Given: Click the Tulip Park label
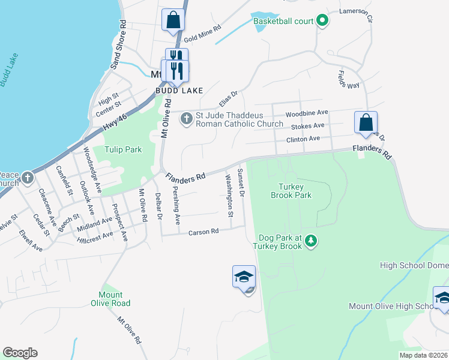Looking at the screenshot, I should pos(123,149).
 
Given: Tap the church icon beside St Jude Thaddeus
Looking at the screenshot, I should pos(186,118).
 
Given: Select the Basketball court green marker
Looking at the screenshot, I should pos(322,21).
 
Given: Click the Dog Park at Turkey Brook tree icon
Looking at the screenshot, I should pos(311,241).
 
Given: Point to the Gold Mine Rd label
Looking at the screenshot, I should pos(203,35).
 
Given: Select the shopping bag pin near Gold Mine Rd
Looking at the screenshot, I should pos(173,20).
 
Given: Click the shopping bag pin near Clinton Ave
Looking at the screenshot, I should pos(366,123).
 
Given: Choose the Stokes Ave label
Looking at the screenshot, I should pos(307,126).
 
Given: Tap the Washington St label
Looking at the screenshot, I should pos(229,195).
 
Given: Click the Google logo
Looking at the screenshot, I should pos(20,352).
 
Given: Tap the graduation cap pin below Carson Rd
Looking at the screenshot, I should pos(244,277).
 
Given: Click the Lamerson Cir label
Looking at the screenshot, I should pos(356,11).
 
